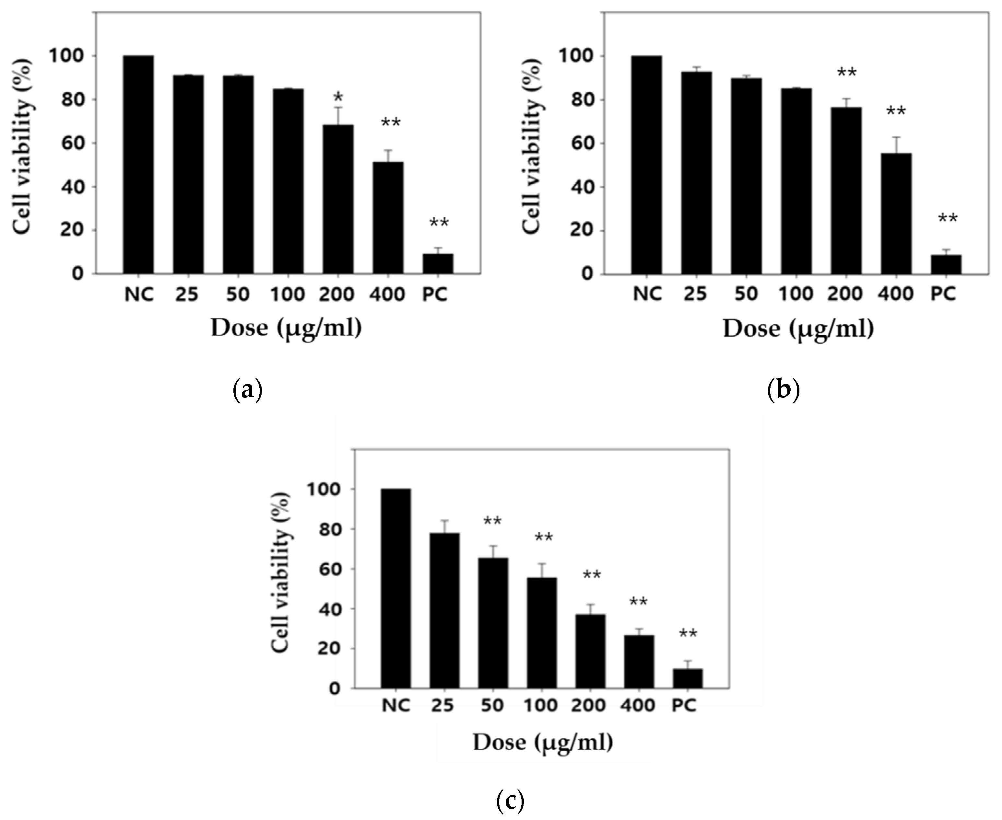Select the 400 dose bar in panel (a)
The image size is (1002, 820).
coord(388,217)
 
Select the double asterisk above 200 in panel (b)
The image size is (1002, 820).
coord(846,73)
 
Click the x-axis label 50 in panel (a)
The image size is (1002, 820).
coord(237,294)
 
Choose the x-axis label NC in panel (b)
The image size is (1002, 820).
coord(647,294)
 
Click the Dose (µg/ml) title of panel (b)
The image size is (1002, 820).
coord(798,329)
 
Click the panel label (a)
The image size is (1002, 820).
coord(248,391)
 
